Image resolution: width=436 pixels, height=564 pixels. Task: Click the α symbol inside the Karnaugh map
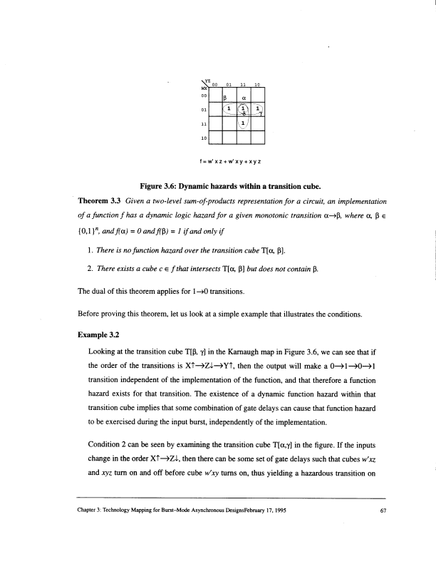244,98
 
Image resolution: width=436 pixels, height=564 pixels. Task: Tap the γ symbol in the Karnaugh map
261,113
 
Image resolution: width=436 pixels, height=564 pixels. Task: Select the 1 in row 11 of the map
243,123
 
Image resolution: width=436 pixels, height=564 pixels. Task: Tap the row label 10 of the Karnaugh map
204,136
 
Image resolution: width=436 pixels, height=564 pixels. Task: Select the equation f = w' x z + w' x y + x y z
234,161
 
